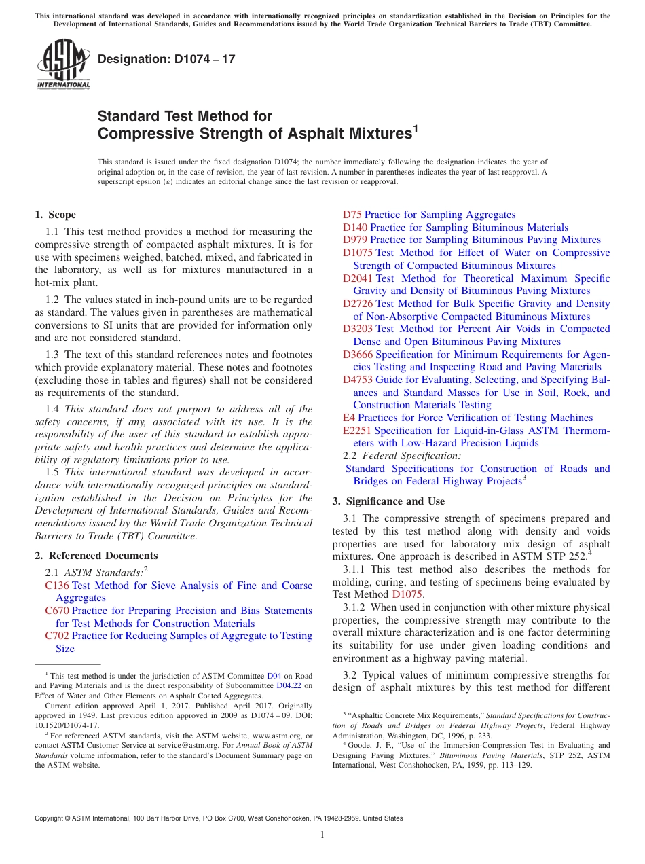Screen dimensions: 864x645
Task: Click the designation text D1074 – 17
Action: tap(166, 59)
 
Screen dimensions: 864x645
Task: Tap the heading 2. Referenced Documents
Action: tap(96, 556)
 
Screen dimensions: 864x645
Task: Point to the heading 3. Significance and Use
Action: tap(388, 501)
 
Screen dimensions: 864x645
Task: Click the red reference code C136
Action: tap(57, 586)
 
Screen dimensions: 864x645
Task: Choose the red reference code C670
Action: tap(57, 611)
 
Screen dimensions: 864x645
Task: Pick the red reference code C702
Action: tap(57, 636)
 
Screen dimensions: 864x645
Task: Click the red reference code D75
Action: tap(352, 215)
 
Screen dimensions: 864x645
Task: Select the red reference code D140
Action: tap(355, 228)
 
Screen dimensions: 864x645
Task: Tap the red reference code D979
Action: tap(355, 240)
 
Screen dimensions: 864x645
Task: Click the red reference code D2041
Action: tap(358, 278)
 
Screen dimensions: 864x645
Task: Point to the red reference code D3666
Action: tap(358, 355)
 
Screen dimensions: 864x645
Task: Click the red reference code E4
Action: tap(349, 418)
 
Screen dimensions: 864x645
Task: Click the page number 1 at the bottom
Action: tap(322, 834)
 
